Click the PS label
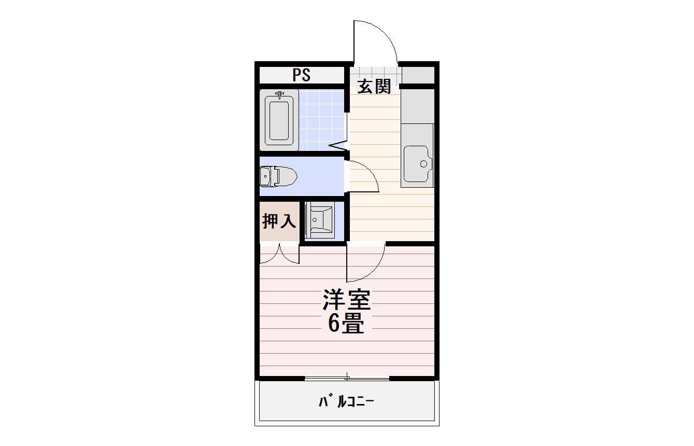click(x=301, y=75)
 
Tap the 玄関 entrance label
click(x=374, y=87)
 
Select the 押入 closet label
click(x=279, y=221)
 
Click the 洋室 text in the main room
click(x=346, y=299)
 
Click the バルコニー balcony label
click(x=346, y=401)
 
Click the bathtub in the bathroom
click(x=279, y=120)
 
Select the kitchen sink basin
click(x=418, y=163)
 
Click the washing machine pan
click(x=319, y=220)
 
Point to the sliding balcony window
click(x=347, y=378)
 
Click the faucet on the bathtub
click(x=280, y=95)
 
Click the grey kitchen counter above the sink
click(x=417, y=106)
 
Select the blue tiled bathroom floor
click(x=321, y=120)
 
